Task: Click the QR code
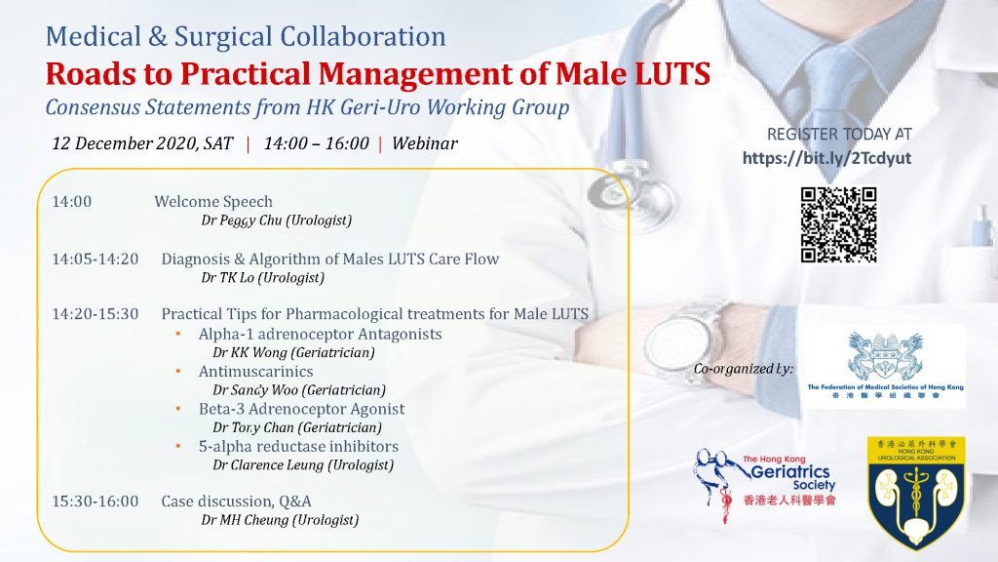tap(838, 224)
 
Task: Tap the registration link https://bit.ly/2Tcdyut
tap(826, 158)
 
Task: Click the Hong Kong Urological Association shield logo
tap(916, 493)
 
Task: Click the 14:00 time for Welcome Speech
tap(71, 201)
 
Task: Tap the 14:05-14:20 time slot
tap(95, 259)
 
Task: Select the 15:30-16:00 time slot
tap(95, 502)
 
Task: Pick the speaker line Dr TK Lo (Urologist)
tap(262, 278)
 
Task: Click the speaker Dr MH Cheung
tap(245, 520)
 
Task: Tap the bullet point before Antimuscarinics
tap(178, 371)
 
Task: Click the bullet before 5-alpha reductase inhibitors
tap(178, 446)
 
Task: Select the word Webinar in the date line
tap(425, 143)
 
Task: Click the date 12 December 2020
tap(124, 143)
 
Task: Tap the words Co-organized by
tap(744, 368)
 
